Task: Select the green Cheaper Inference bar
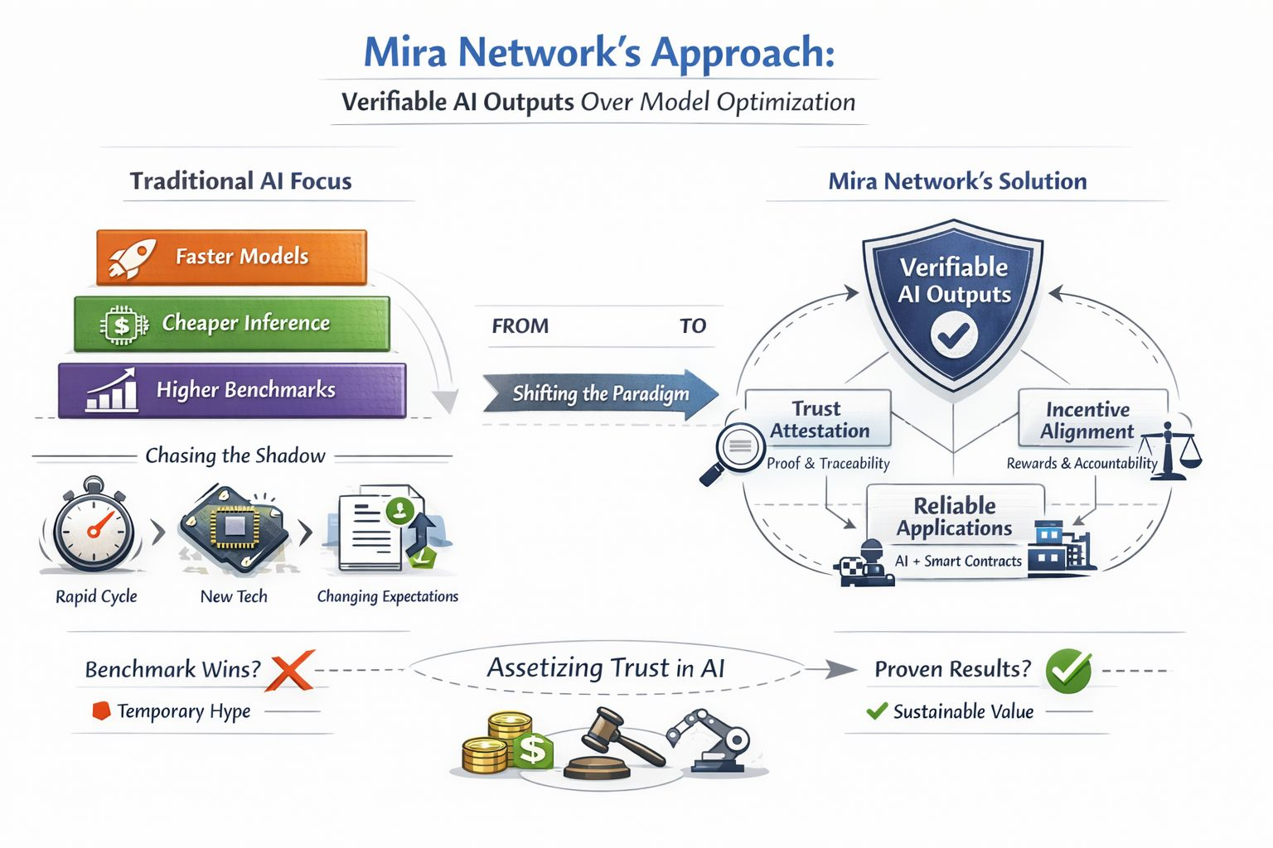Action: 232,324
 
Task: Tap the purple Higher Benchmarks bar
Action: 232,390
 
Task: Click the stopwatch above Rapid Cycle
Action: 94,527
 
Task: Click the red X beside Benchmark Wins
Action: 290,670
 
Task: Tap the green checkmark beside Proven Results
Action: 1068,670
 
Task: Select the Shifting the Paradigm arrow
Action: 600,393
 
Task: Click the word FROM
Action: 520,326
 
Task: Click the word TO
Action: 693,326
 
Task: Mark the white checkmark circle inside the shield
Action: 954,334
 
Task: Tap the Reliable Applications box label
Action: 955,517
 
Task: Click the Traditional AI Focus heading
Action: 240,181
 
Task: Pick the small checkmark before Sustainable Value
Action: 876,711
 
